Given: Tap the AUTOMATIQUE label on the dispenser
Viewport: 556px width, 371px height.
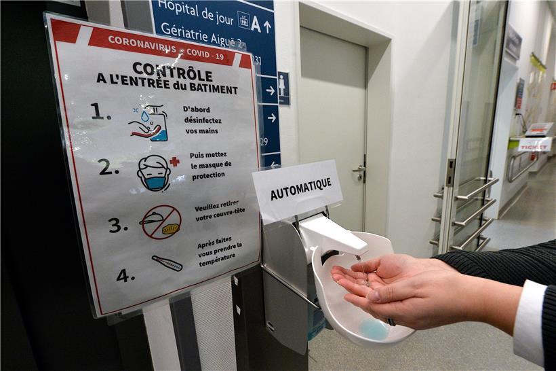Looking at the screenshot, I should tap(300, 189).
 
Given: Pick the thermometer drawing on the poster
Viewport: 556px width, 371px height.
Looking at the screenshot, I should tap(167, 264).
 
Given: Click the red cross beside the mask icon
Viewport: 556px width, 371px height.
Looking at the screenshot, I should tap(175, 162).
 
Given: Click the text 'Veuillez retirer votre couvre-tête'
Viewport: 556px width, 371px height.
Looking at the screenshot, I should tap(219, 213).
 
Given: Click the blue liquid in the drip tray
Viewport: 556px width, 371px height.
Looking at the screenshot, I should tap(374, 329).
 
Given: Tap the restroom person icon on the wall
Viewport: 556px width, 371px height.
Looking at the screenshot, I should tap(283, 88).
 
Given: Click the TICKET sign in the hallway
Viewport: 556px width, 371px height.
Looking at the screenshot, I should tap(534, 145).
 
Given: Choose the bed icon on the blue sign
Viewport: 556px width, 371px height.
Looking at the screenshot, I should tap(243, 20).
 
